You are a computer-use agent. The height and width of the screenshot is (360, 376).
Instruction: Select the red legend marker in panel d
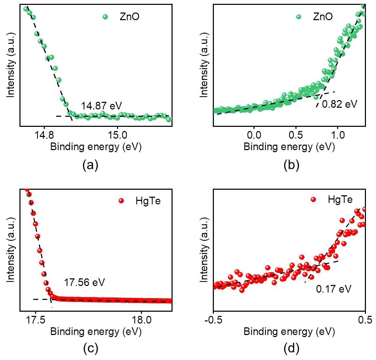[x=314, y=200]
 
